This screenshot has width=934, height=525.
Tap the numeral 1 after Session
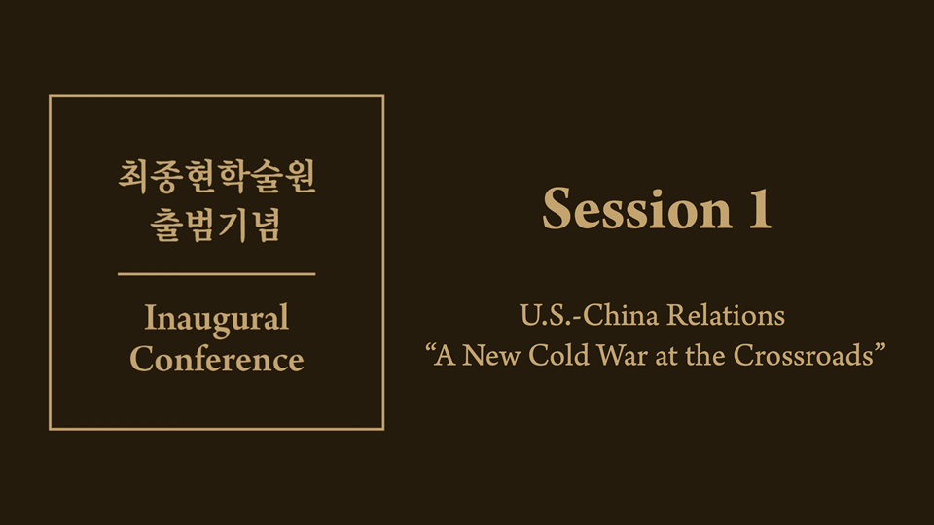click(760, 208)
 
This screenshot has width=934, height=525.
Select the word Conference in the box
click(217, 359)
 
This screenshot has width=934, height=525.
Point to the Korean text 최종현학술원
click(217, 176)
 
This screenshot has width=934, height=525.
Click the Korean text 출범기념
click(215, 225)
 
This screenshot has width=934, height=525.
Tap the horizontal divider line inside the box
click(217, 274)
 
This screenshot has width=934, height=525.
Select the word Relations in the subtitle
click(726, 315)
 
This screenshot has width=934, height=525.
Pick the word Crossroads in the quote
click(803, 355)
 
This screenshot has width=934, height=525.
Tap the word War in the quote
click(622, 355)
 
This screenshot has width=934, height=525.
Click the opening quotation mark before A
click(429, 348)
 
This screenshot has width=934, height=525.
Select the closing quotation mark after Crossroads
click(880, 348)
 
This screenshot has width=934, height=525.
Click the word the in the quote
click(705, 355)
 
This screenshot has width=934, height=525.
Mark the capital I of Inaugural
click(151, 317)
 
